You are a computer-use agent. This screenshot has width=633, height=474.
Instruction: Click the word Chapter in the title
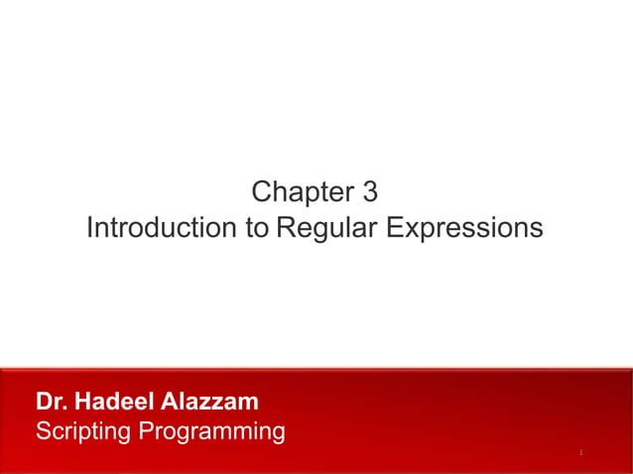click(300, 191)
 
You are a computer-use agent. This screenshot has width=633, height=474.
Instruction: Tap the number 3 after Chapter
click(371, 191)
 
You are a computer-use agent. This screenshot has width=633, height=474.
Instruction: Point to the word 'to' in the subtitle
click(256, 228)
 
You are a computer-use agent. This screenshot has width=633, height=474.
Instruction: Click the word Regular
click(326, 228)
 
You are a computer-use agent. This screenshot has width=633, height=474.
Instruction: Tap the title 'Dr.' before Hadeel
click(51, 402)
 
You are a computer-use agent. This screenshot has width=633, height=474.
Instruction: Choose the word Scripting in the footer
click(82, 431)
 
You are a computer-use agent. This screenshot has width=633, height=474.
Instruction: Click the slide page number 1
click(580, 453)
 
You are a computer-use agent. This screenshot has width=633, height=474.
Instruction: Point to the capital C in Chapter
click(262, 191)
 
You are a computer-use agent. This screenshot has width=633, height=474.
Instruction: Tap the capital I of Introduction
click(90, 228)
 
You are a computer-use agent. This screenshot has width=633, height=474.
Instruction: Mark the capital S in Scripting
click(43, 431)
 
